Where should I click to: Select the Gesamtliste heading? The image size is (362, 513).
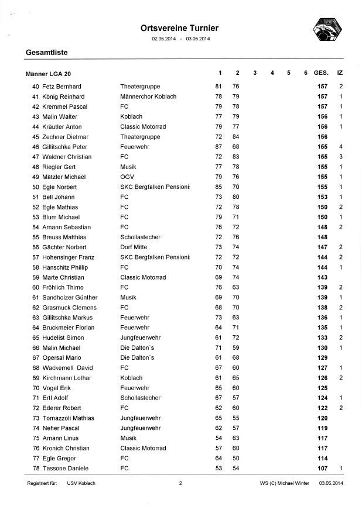[x=47, y=53]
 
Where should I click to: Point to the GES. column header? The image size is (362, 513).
[x=321, y=73]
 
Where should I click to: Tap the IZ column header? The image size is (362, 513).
[x=340, y=73]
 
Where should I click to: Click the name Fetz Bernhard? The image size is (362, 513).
[x=62, y=87]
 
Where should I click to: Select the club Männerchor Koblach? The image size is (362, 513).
[x=144, y=97]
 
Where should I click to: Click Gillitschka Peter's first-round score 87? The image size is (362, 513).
[x=218, y=147]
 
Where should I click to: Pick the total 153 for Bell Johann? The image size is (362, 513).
[x=322, y=197]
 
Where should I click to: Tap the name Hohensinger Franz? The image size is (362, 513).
[x=67, y=257]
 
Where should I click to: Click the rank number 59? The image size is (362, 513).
[x=36, y=277]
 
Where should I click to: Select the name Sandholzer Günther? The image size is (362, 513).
[x=70, y=297]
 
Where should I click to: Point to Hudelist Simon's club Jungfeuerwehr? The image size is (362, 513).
[x=140, y=338]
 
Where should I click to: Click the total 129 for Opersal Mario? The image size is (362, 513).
[x=322, y=357]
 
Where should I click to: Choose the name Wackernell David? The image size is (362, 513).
[x=67, y=367]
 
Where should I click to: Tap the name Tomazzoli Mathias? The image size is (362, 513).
[x=68, y=418]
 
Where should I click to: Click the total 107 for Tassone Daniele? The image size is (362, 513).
[x=322, y=468]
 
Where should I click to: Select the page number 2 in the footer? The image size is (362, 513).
[x=181, y=484]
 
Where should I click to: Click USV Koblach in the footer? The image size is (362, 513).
[x=81, y=484]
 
